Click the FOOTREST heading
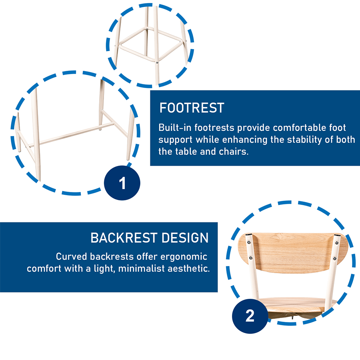(x=192, y=108)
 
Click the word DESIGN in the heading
(x=185, y=238)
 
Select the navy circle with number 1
(x=122, y=183)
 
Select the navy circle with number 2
(x=250, y=316)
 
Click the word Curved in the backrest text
(x=72, y=257)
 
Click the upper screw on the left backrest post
(x=249, y=242)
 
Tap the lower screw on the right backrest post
(x=335, y=259)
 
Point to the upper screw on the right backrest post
(x=337, y=243)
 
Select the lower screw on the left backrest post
(x=251, y=258)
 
